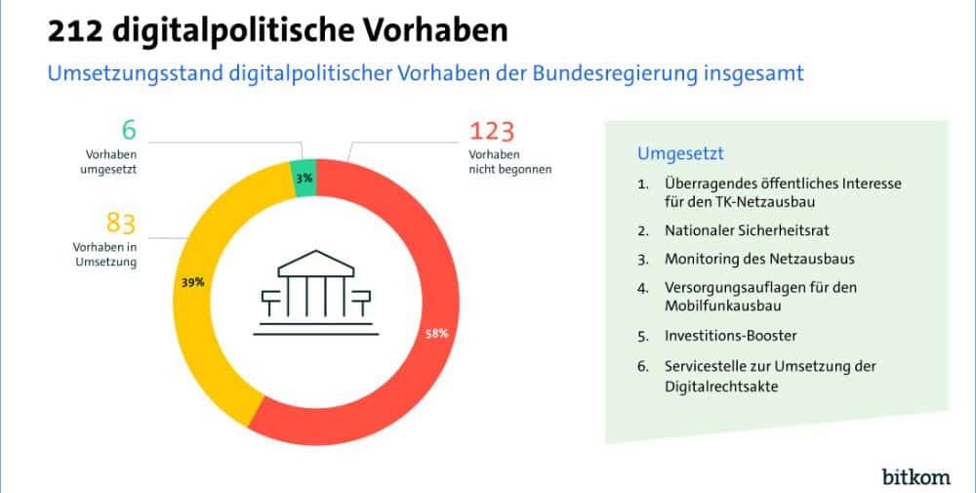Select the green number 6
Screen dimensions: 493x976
pyautogui.click(x=128, y=129)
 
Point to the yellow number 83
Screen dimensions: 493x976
pyautogui.click(x=120, y=224)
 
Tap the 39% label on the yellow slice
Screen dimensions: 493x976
pyautogui.click(x=192, y=283)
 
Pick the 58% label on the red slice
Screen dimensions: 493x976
pyautogui.click(x=435, y=333)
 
